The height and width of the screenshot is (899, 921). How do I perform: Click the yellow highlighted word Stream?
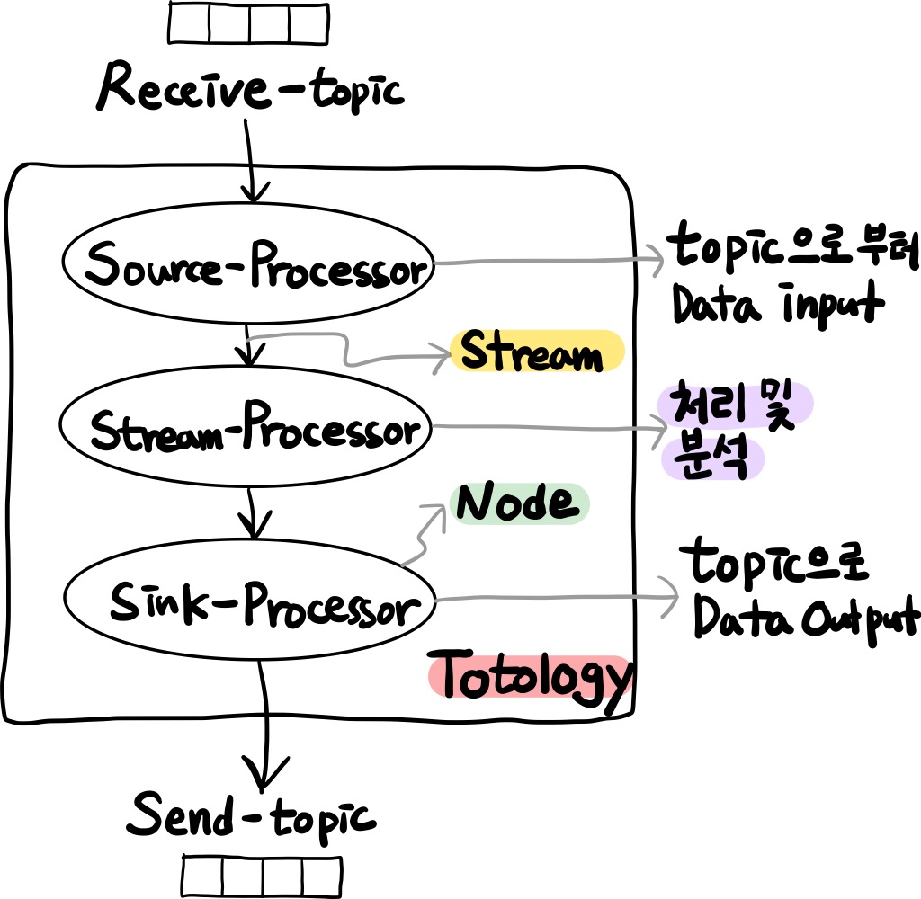(x=537, y=352)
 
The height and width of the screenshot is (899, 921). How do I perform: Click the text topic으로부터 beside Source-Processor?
(x=791, y=248)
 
